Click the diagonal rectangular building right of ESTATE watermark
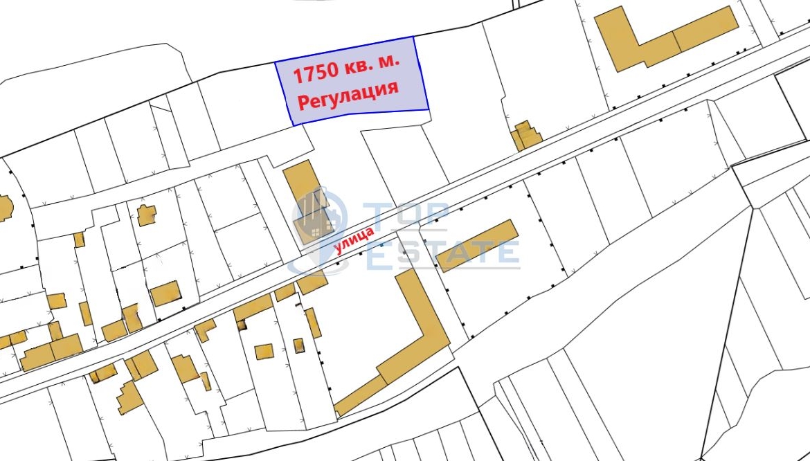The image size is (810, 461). coord(478,245)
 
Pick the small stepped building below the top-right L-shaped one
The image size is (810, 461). coord(525,135)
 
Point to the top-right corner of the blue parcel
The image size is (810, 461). coord(413,37)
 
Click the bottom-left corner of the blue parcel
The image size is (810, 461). coord(293,125)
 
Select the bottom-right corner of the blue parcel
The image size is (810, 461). coord(429,109)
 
